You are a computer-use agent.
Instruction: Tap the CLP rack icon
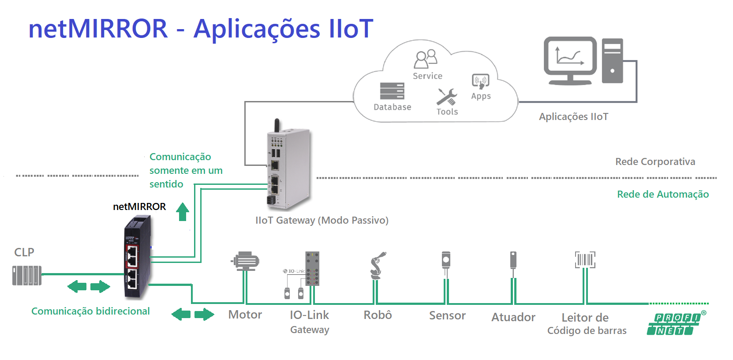[27, 276]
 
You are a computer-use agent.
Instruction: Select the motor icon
[245, 261]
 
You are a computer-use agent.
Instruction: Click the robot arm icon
[378, 266]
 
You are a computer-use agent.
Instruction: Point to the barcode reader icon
[585, 260]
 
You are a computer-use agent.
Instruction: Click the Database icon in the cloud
[392, 90]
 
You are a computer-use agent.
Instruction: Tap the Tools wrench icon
[447, 97]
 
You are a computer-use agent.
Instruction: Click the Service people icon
[426, 59]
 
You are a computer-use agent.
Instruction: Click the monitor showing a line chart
[570, 61]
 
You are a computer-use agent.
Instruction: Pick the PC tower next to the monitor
[612, 61]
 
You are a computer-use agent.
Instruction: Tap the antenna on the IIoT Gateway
[277, 125]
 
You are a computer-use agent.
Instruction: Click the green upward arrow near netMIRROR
[183, 212]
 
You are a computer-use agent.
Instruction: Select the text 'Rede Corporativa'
[655, 161]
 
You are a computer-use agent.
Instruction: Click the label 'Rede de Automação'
[663, 194]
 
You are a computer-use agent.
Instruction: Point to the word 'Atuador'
[513, 317]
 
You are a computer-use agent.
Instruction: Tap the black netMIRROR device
[138, 257]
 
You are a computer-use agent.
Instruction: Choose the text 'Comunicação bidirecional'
[91, 311]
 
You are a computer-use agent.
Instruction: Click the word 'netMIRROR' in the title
[98, 29]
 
